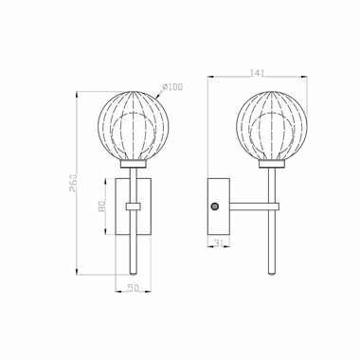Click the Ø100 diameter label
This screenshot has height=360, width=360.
172,86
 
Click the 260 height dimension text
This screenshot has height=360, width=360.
73,183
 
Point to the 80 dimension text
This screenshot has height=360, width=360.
102,207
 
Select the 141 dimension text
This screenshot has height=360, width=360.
257,73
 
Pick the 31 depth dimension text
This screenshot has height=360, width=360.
219,243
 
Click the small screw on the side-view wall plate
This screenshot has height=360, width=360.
214,207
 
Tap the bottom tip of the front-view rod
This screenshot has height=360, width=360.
134,274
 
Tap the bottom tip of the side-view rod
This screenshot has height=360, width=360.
271,274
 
